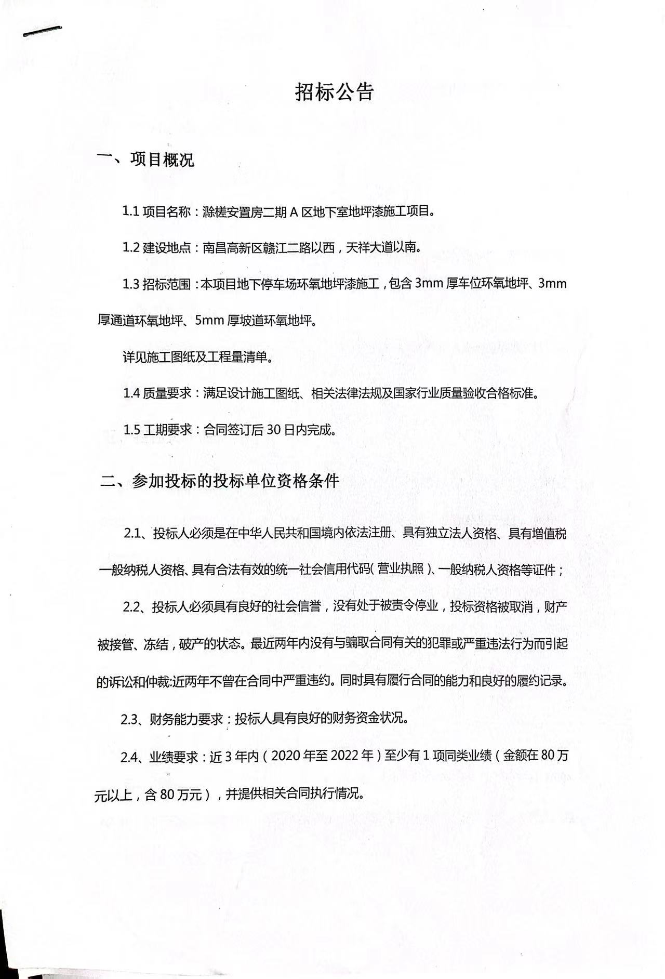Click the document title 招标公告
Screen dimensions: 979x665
point(334,92)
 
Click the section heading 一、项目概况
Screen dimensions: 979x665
point(146,160)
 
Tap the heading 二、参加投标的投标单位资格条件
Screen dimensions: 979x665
point(220,481)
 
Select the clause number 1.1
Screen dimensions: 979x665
point(130,211)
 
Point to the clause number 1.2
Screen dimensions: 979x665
point(131,247)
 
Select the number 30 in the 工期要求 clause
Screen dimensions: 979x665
point(274,430)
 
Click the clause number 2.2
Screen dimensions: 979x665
point(133,607)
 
